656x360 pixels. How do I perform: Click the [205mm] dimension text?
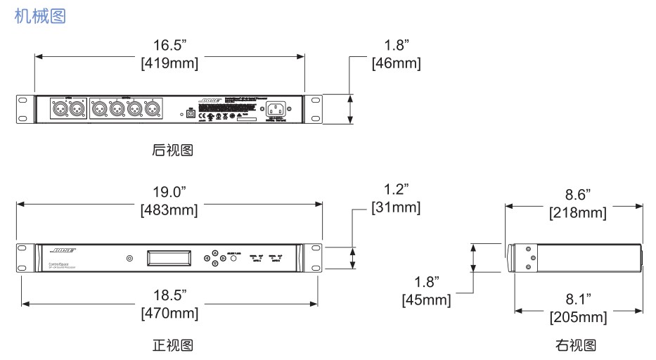coord(577,318)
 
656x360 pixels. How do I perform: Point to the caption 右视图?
coord(575,345)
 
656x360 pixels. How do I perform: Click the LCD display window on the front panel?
coord(169,257)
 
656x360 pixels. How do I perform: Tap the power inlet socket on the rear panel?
coord(277,109)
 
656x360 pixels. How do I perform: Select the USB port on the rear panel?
coord(190,112)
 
